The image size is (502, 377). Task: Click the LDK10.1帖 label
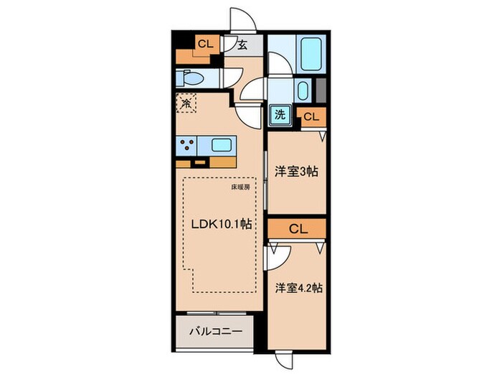[220, 224]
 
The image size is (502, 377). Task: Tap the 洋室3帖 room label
[296, 172]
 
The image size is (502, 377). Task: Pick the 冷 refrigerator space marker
[185, 103]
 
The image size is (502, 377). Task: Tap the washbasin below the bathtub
[302, 91]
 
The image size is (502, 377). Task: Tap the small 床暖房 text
[240, 188]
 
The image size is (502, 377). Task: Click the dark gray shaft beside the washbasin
[321, 91]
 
